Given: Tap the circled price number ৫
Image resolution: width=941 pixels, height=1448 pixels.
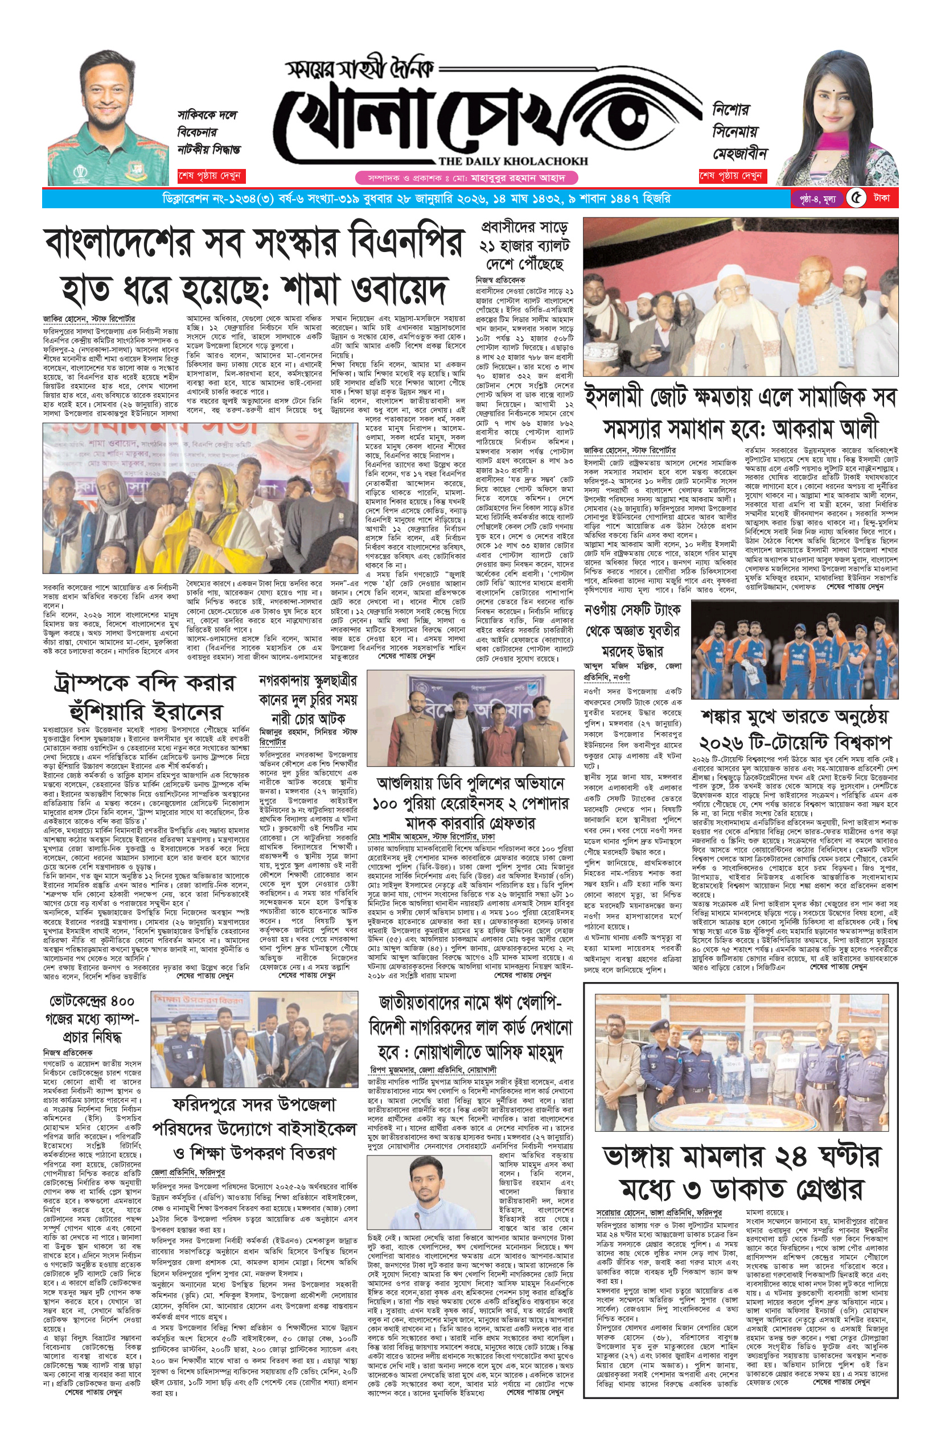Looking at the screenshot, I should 856,198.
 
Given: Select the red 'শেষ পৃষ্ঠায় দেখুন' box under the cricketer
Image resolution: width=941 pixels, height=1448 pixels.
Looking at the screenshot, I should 210,176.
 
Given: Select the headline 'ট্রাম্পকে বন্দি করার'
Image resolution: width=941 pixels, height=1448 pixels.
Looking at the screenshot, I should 144,682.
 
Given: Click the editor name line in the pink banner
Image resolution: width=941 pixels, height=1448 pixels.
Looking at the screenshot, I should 466,178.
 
